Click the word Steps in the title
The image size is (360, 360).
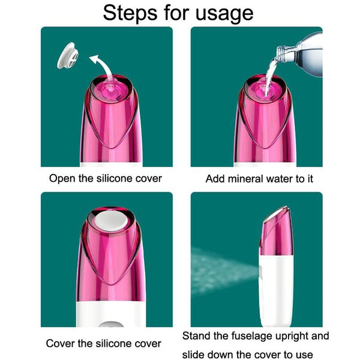pos(130,13)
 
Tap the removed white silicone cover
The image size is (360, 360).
pos(68,56)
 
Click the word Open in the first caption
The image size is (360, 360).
pos(62,179)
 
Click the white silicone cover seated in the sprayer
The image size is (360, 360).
pos(111,221)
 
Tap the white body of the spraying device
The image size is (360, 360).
pos(277,290)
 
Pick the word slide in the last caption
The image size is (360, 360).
pos(193,355)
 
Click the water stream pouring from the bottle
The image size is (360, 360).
pos(271,76)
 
